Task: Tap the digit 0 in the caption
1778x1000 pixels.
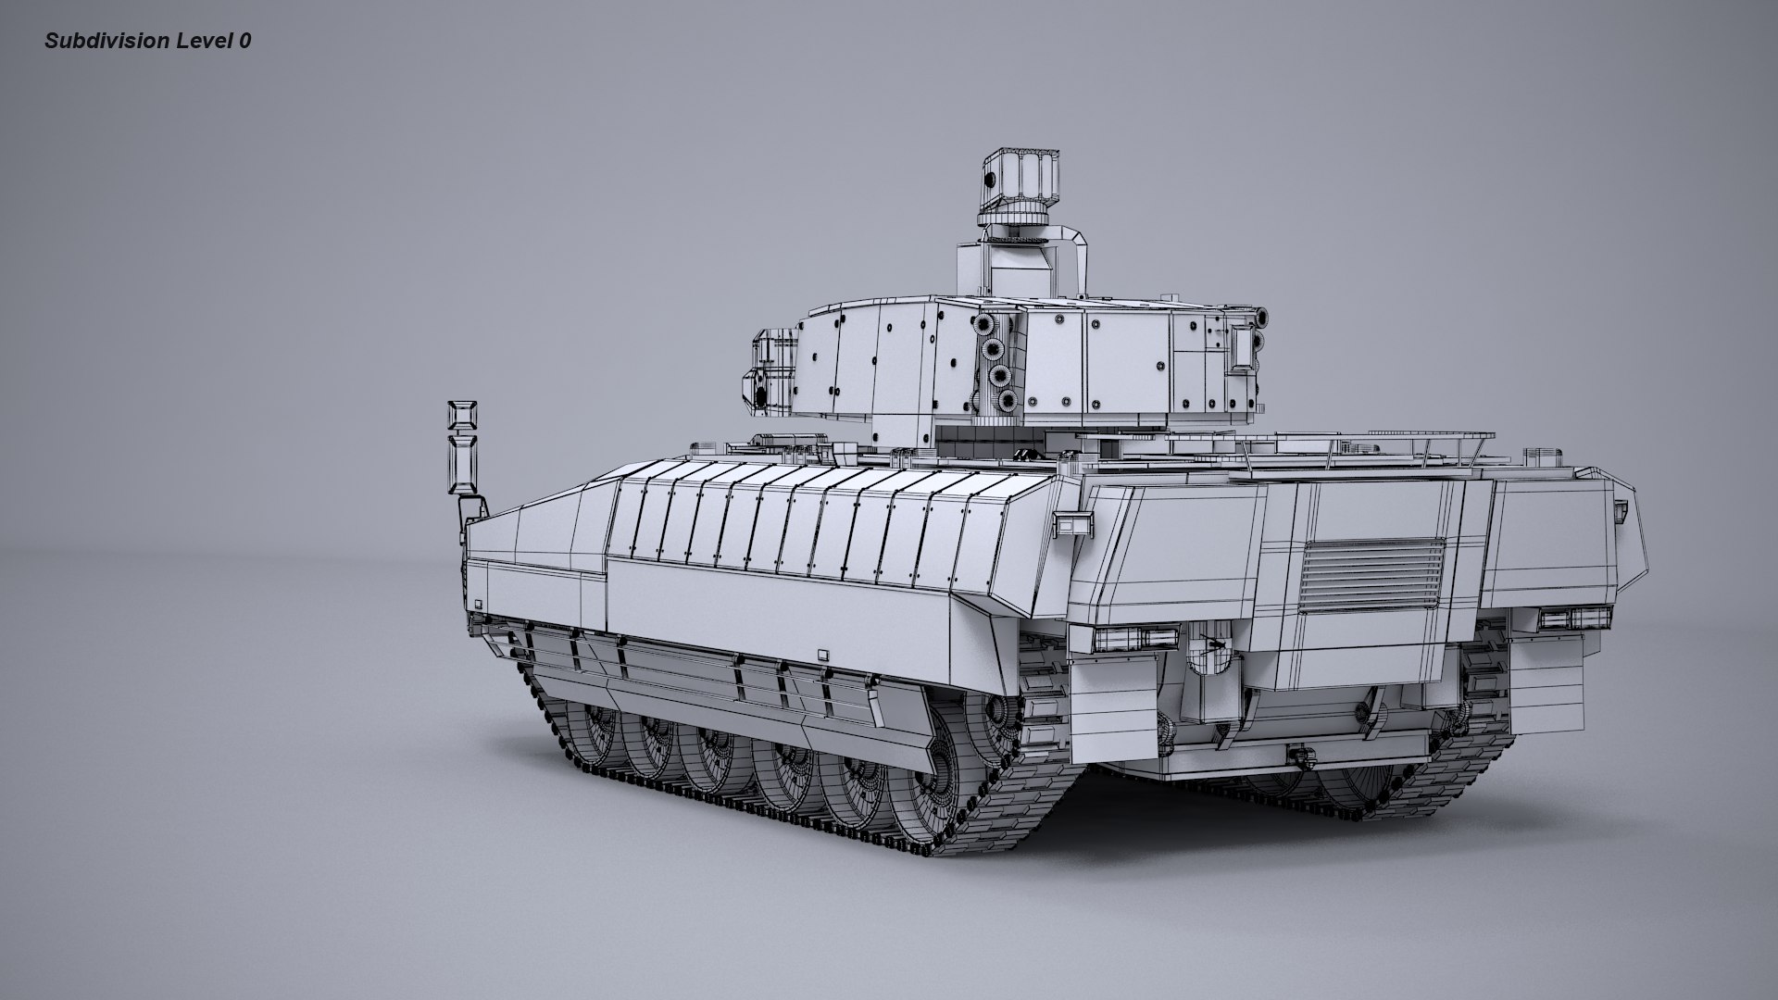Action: tap(244, 41)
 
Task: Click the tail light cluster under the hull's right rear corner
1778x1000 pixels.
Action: tap(1571, 619)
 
